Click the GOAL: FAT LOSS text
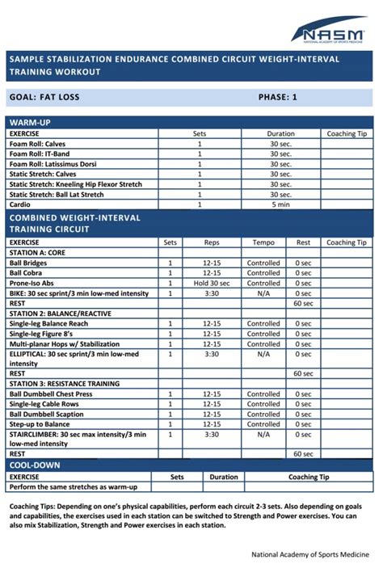(44, 97)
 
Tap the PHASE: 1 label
(277, 97)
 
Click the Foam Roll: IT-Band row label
(39, 154)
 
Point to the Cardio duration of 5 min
(280, 204)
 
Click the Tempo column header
(263, 242)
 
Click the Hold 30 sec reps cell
(212, 283)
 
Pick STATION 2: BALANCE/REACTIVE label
(60, 313)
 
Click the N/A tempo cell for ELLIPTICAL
(263, 354)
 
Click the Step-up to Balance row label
(39, 424)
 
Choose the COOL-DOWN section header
(35, 465)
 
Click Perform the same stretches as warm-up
(73, 486)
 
